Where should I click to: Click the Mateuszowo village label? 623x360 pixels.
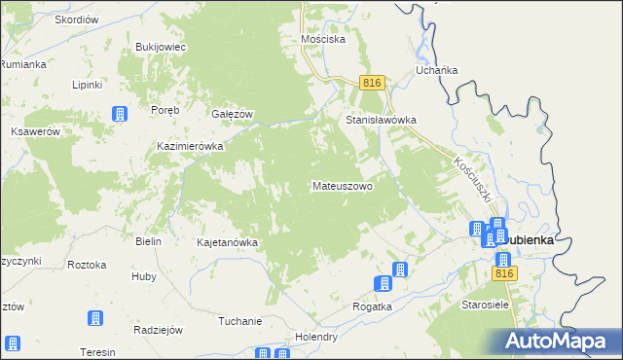pyautogui.click(x=342, y=185)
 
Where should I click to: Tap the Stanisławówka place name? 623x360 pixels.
pyautogui.click(x=382, y=121)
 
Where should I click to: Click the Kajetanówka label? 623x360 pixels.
pyautogui.click(x=227, y=242)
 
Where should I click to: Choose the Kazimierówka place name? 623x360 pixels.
pyautogui.click(x=191, y=146)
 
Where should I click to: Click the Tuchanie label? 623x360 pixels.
pyautogui.click(x=240, y=322)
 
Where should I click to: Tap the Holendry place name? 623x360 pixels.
pyautogui.click(x=317, y=338)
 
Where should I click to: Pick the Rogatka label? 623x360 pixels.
pyautogui.click(x=372, y=306)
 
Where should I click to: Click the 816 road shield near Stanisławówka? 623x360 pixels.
pyautogui.click(x=371, y=84)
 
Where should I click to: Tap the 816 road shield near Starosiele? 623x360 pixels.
pyautogui.click(x=502, y=275)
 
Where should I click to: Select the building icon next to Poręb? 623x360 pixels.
pyautogui.click(x=120, y=114)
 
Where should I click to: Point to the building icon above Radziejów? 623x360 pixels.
pyautogui.click(x=95, y=318)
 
